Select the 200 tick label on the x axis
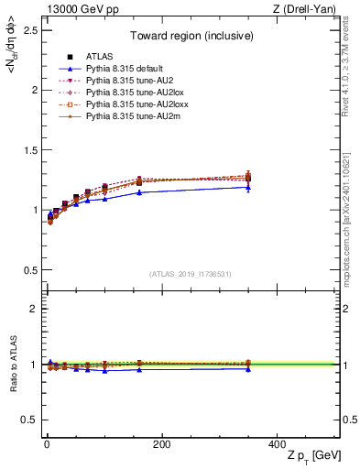click(161, 444)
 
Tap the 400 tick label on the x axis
click(276, 444)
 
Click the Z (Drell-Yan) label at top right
click(306, 9)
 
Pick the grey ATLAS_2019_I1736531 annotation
click(190, 274)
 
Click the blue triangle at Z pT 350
click(247, 187)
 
